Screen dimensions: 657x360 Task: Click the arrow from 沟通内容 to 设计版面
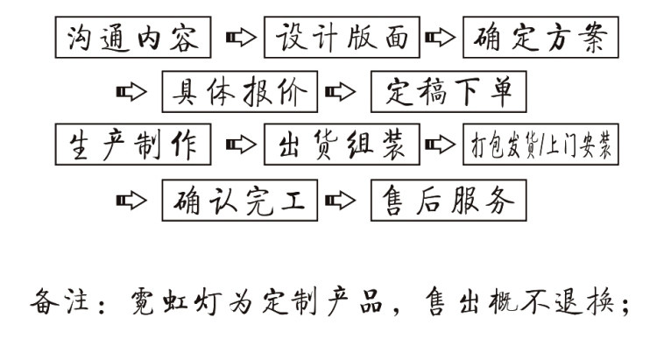pos(241,38)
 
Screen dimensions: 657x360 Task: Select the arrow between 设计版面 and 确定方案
pos(440,38)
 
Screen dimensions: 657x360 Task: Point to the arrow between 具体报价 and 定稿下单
pos(340,92)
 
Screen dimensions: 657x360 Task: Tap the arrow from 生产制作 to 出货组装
pos(241,145)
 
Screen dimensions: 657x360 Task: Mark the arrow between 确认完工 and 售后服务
pos(340,201)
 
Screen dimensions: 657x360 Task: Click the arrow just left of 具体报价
pos(131,92)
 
